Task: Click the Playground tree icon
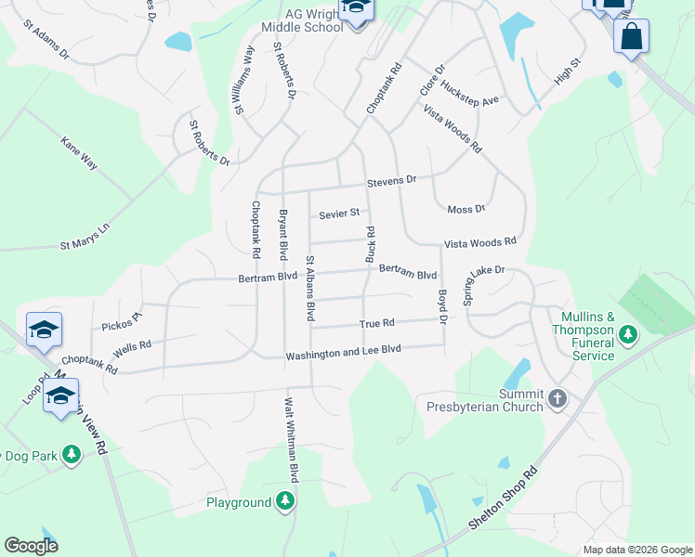tap(286, 502)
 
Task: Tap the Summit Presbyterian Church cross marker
tap(557, 398)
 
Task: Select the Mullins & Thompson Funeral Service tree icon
tap(628, 333)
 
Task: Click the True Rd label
tap(377, 323)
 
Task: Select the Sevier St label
tap(338, 214)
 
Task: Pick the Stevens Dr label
tap(390, 180)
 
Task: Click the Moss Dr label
tap(466, 210)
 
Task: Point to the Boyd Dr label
tap(442, 305)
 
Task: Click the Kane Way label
tap(79, 153)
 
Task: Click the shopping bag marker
tap(631, 37)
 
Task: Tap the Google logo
tap(32, 546)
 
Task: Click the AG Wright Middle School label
tap(302, 19)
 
